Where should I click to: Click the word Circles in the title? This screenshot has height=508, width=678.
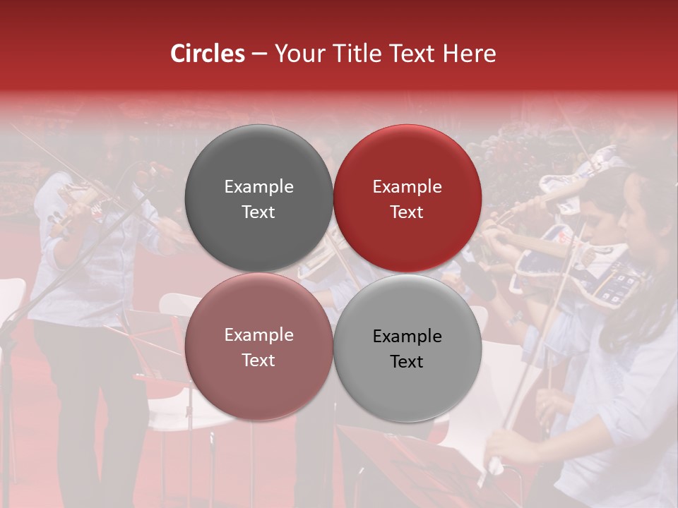coord(208,54)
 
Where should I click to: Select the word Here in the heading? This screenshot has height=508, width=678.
coord(470,54)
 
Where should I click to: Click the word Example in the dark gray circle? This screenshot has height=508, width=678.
coord(258,187)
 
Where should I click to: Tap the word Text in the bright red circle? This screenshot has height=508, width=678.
coord(407,212)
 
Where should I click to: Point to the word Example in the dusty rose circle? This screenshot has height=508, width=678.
coord(258,335)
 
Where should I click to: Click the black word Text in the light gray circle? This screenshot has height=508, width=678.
coord(407,362)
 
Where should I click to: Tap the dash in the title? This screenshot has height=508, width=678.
coord(259,54)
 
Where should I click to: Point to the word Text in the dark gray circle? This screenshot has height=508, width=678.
coord(258,212)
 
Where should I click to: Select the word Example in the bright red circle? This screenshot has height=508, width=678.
coord(407,187)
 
